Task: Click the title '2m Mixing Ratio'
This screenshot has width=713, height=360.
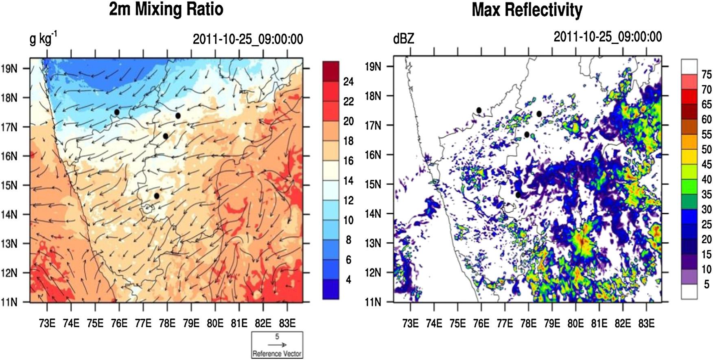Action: click(x=166, y=9)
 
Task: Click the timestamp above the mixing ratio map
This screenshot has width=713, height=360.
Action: click(x=248, y=39)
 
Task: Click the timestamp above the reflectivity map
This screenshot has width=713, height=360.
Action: click(x=608, y=37)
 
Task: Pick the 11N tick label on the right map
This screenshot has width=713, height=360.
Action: click(x=373, y=302)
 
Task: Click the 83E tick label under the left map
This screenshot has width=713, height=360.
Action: click(x=287, y=324)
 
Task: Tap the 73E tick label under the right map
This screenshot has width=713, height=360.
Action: click(x=410, y=324)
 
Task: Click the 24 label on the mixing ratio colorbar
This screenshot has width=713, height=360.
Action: click(x=348, y=82)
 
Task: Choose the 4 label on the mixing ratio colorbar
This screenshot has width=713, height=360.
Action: click(x=348, y=280)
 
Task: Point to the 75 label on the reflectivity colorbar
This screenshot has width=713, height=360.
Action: click(x=707, y=74)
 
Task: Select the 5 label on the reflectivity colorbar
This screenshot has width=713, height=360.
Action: click(x=707, y=284)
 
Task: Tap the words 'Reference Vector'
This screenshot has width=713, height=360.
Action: click(x=277, y=353)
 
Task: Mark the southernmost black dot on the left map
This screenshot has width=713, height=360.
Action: click(x=157, y=196)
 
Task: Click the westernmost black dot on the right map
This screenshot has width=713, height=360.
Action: click(x=479, y=110)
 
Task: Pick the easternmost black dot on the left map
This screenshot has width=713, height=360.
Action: click(x=178, y=116)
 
